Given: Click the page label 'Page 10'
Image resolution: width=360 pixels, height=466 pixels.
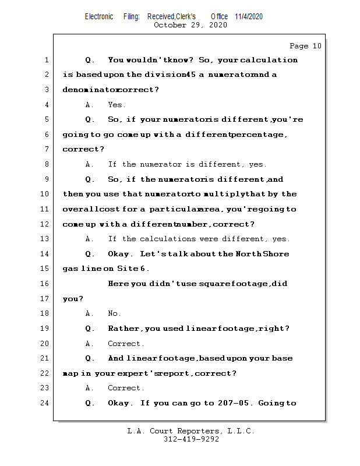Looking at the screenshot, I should [305, 46].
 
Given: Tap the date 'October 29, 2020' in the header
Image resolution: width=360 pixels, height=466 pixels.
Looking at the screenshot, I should [190, 25].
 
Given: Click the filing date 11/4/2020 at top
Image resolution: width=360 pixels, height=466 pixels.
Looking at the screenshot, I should [249, 16].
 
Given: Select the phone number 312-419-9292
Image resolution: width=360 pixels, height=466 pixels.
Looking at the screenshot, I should [191, 439].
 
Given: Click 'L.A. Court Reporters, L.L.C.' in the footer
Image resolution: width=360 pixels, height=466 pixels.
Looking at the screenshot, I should [191, 431].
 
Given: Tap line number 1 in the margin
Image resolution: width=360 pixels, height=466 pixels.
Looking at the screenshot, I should [47, 60].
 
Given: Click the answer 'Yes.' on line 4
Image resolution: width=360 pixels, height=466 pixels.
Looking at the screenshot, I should [117, 105].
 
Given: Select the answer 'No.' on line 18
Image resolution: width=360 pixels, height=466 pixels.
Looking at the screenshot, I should [114, 313].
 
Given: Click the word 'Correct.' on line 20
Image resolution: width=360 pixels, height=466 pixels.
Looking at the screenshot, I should [126, 344].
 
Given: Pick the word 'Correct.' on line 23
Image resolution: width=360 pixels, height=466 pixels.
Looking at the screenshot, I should [126, 388].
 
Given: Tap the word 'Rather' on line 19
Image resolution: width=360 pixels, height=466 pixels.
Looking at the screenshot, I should [125, 329].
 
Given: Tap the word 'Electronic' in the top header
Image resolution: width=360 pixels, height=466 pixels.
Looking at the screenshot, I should [99, 16].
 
